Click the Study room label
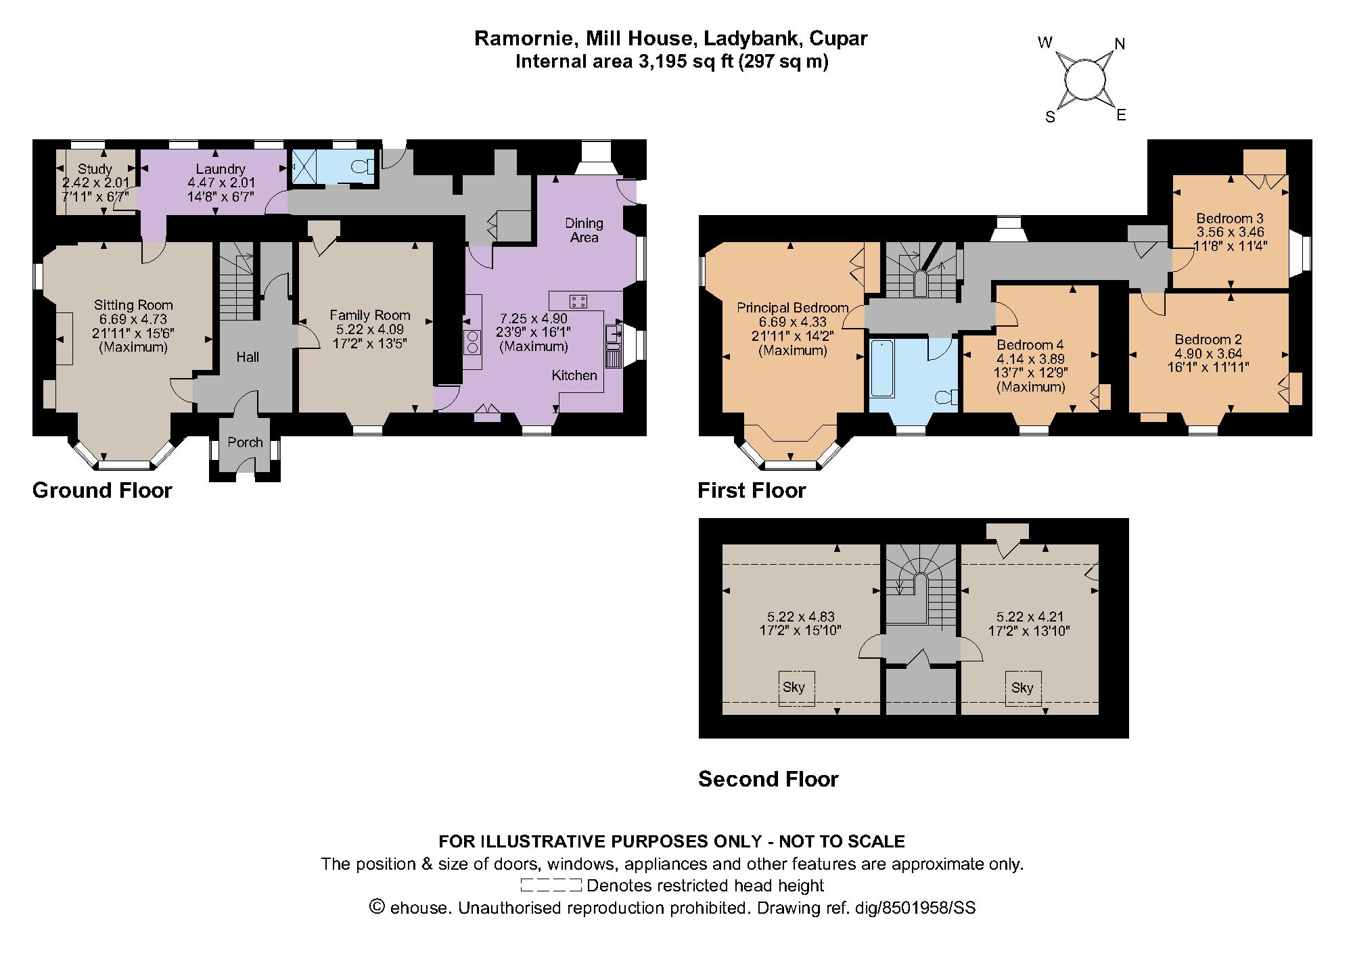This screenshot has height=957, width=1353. [95, 169]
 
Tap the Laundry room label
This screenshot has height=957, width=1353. [221, 169]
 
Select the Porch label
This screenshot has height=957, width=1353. [245, 442]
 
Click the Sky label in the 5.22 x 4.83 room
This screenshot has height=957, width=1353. [794, 688]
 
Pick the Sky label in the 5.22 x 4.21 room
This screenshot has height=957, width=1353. [1022, 688]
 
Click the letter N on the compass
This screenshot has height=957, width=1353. [1120, 44]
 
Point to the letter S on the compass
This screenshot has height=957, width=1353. [1051, 117]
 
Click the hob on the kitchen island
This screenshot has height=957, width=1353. [578, 301]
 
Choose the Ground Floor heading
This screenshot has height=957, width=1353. [102, 490]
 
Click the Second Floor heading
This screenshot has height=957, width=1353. [769, 779]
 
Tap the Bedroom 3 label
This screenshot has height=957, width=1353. [1230, 218]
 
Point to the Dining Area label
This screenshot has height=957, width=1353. [584, 230]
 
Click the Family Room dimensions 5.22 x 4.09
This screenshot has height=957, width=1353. [370, 329]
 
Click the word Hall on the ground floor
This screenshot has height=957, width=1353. [248, 357]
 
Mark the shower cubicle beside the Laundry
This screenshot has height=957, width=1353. [304, 166]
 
